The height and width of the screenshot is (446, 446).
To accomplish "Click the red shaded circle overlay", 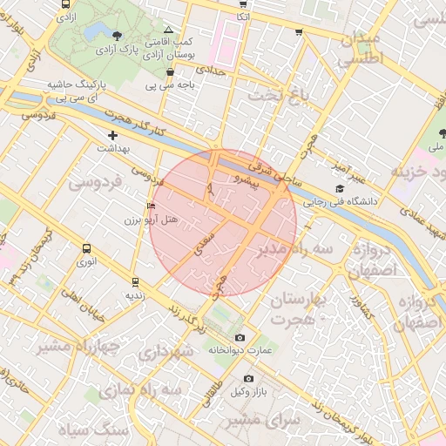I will [x=223, y=223].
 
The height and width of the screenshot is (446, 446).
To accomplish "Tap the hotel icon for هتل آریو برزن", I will [x=152, y=207].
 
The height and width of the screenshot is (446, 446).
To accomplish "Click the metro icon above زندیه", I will [x=134, y=281].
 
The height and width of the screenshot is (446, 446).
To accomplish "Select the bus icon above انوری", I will [x=85, y=248].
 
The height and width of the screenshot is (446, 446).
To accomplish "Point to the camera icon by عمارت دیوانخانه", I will [x=240, y=337].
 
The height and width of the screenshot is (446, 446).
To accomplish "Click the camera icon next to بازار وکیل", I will [x=249, y=378].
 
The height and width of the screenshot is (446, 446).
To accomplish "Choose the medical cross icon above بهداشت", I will [x=112, y=135].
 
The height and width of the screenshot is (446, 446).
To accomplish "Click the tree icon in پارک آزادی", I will [x=118, y=35].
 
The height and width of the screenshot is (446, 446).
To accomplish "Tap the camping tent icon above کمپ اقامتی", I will [x=168, y=29].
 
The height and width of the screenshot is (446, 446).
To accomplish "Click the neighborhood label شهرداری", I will [x=164, y=354].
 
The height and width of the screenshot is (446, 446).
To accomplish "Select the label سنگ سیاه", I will [x=87, y=429].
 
